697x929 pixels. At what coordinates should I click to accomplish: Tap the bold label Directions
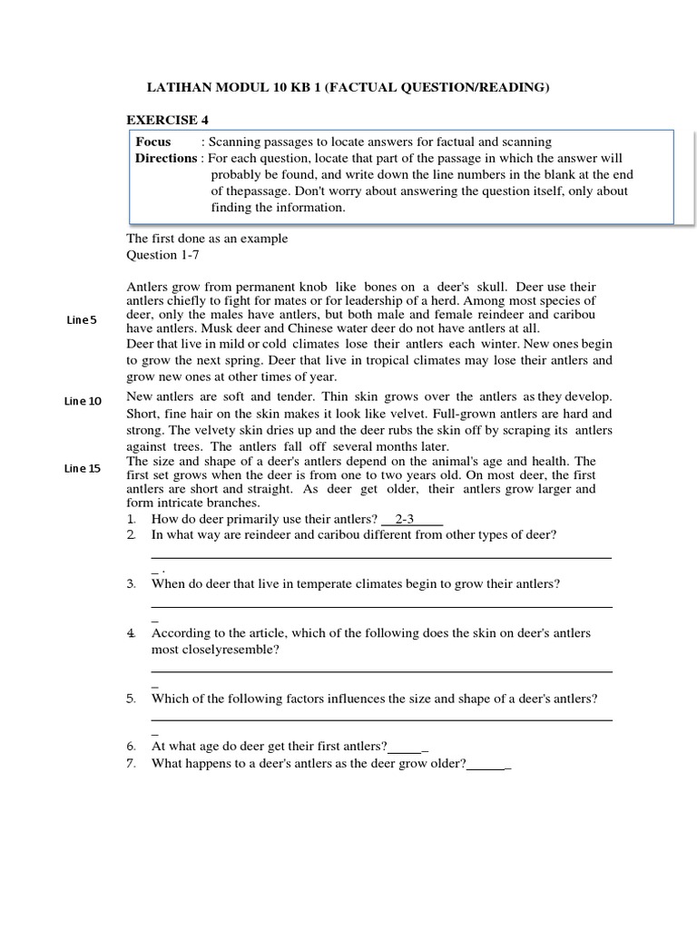pos(166,158)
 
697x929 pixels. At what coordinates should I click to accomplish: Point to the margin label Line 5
pos(81,320)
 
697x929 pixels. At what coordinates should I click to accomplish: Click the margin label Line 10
pos(83,401)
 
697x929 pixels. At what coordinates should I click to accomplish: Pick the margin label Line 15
pos(83,468)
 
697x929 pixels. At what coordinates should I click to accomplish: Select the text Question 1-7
pos(162,255)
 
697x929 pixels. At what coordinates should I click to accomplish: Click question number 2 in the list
pos(132,534)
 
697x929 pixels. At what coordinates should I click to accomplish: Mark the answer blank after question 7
pos(487,764)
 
